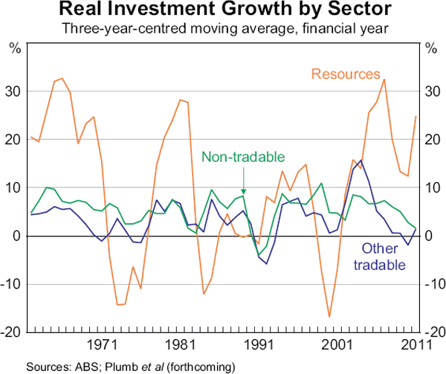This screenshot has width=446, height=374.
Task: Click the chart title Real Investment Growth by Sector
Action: click(x=222, y=10)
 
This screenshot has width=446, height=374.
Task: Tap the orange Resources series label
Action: click(x=345, y=74)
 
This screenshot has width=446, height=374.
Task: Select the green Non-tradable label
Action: click(x=244, y=156)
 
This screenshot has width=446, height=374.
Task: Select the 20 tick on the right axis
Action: click(x=430, y=139)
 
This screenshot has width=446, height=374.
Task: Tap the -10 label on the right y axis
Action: click(x=432, y=284)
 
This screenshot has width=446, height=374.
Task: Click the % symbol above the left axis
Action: click(x=15, y=48)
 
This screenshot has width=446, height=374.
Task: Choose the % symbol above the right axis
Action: click(x=430, y=48)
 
